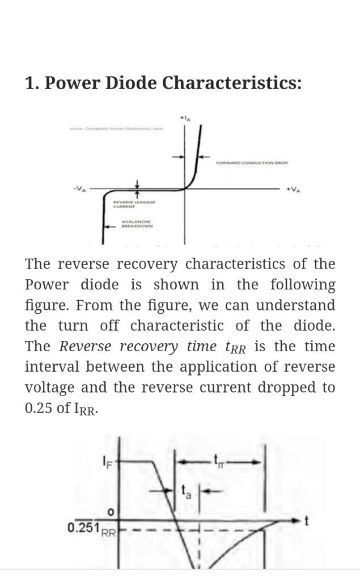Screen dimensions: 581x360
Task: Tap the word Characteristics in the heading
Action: pyautogui.click(x=232, y=83)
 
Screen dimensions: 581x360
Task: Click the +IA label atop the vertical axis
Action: pyautogui.click(x=185, y=118)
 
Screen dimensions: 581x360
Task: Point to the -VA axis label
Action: pyautogui.click(x=79, y=190)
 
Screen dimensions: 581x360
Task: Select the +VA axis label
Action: pyautogui.click(x=293, y=190)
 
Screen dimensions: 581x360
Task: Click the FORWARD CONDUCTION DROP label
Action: pyautogui.click(x=252, y=163)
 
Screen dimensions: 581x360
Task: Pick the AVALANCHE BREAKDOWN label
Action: pyautogui.click(x=137, y=224)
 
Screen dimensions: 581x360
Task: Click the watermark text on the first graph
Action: pyautogui.click(x=116, y=129)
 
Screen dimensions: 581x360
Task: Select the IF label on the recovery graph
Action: pyautogui.click(x=107, y=462)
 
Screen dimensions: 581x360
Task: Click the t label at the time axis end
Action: pyautogui.click(x=306, y=520)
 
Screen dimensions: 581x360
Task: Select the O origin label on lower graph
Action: pyautogui.click(x=111, y=512)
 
